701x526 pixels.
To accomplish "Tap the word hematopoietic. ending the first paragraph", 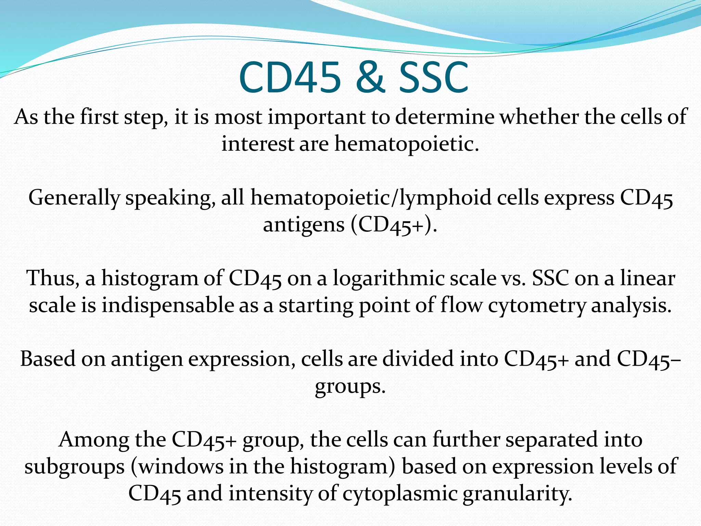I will (x=406, y=143).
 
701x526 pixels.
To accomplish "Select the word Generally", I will (x=74, y=198).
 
